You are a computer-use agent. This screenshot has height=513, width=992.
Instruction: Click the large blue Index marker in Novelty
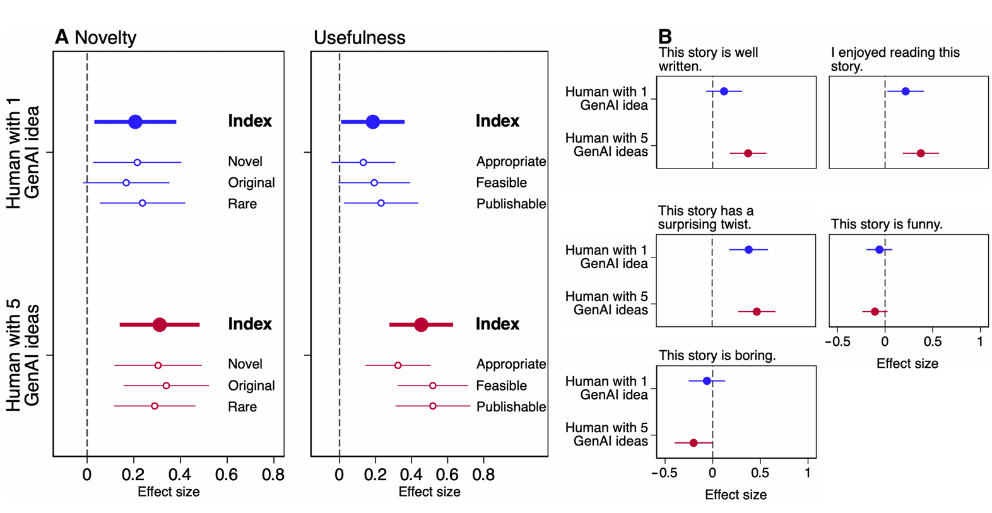click(135, 122)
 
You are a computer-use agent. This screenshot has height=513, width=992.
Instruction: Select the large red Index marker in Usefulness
click(421, 325)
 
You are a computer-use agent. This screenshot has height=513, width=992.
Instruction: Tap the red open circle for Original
click(166, 386)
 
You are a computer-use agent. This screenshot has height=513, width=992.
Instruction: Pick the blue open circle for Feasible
click(374, 183)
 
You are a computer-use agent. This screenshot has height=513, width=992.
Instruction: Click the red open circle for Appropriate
click(398, 365)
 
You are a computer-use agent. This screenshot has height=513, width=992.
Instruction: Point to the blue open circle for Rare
click(142, 203)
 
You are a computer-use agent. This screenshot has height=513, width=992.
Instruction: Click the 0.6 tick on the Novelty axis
click(227, 475)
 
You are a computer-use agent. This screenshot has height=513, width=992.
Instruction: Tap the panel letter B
click(665, 37)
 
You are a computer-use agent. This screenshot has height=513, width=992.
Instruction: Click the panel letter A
click(61, 37)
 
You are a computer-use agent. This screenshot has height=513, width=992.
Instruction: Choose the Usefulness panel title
click(359, 38)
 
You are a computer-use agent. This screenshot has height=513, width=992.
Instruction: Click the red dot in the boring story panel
click(694, 443)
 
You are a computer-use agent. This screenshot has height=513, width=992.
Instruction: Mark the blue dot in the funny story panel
click(879, 250)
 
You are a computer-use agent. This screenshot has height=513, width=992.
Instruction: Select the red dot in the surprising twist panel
click(757, 312)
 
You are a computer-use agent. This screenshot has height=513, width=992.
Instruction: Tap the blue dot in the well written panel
click(724, 91)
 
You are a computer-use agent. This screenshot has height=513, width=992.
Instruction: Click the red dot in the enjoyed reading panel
click(921, 153)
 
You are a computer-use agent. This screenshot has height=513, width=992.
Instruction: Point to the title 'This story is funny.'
click(887, 224)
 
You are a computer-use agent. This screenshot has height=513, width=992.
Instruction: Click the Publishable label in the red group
click(511, 407)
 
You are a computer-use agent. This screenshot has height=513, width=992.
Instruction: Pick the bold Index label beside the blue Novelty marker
click(250, 121)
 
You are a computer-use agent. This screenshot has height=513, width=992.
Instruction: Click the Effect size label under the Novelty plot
click(168, 492)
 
